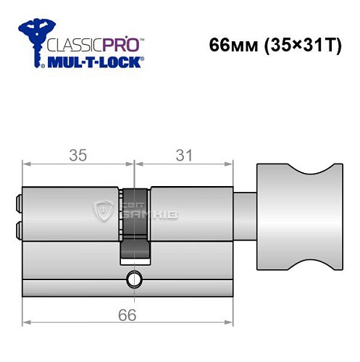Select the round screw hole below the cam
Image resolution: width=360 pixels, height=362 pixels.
click(x=133, y=277)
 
